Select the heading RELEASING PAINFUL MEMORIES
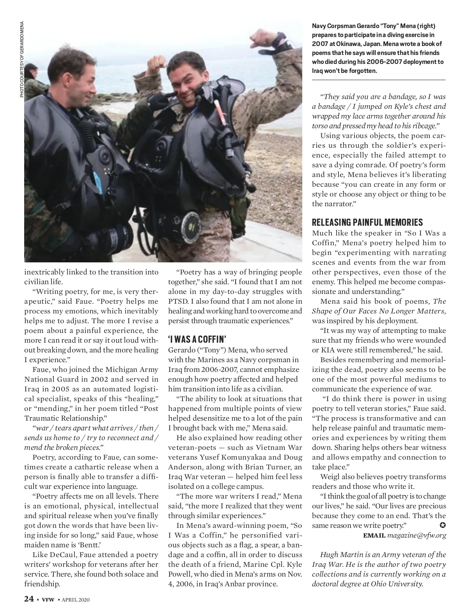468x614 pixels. [367, 223]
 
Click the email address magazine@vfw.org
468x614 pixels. [417, 535]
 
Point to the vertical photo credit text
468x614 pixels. [22, 58]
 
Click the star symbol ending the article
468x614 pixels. [442, 525]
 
